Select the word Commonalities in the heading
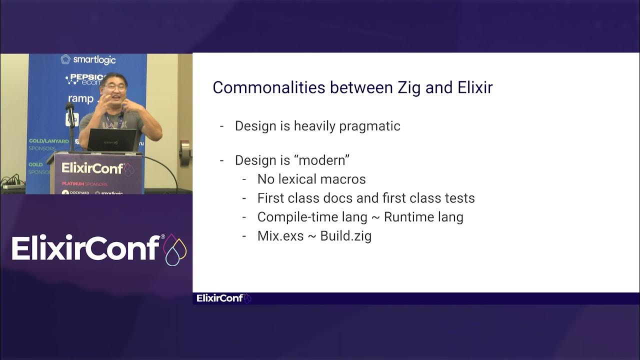268,87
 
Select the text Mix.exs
280,236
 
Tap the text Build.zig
345,236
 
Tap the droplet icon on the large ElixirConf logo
175,249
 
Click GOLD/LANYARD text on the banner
48,141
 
